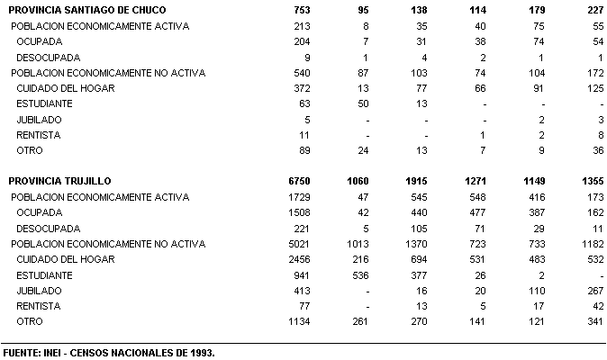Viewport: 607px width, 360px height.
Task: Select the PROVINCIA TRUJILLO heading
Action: pos(59,181)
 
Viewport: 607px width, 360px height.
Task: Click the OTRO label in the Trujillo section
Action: pos(30,321)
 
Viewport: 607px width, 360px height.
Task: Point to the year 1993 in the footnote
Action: pos(202,352)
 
